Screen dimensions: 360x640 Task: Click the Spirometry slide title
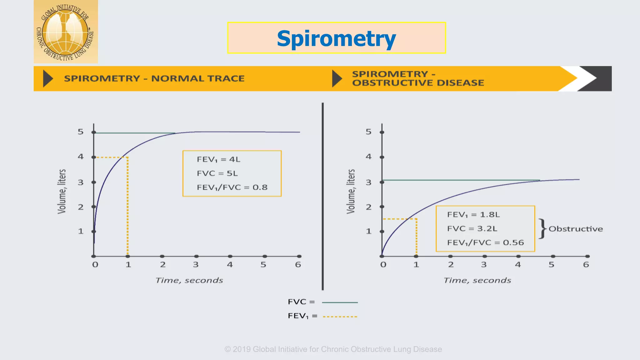coord(336,38)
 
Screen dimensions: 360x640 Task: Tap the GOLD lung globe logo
coord(66,32)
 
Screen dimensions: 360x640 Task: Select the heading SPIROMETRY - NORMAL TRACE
coord(154,78)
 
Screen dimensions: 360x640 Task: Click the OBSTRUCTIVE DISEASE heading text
coord(418,83)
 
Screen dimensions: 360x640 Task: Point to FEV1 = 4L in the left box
coord(218,159)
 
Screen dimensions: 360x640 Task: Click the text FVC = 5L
coord(217,173)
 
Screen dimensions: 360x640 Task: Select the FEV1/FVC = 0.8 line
coord(232,187)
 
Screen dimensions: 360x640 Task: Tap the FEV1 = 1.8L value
coord(473,215)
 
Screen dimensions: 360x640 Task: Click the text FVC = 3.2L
coord(472,229)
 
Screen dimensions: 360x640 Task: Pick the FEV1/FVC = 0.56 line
coord(485,243)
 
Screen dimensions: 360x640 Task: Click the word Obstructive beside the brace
coord(576,229)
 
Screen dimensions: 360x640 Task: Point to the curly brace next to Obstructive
coord(542,229)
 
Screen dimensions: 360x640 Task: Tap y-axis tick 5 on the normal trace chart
coord(81,132)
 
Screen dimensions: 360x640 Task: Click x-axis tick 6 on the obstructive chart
coord(586,265)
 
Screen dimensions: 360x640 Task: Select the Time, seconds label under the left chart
coord(189,280)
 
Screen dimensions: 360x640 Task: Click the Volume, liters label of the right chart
coord(351,192)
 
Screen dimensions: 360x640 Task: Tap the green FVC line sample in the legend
coord(340,302)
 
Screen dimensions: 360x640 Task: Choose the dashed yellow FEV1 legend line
coord(340,317)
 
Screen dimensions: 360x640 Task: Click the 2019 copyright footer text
coord(333,349)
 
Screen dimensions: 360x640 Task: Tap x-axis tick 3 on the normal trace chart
coord(196,265)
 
